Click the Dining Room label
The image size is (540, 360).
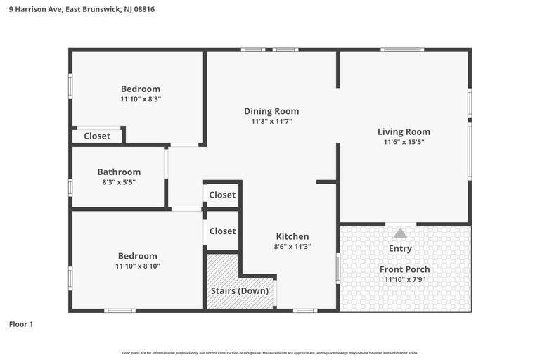(271, 111)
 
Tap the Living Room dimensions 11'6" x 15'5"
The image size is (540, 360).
(404, 142)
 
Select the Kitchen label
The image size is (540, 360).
(292, 236)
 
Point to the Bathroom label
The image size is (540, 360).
(119, 172)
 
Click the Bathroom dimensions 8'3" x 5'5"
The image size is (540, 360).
(119, 182)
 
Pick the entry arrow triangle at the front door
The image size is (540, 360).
(400, 233)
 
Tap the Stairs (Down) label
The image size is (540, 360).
(240, 291)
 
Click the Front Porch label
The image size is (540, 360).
(404, 269)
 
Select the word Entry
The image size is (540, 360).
(400, 248)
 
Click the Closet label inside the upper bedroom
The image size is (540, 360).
(97, 136)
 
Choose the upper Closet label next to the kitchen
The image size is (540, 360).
(222, 195)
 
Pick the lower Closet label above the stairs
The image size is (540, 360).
(222, 231)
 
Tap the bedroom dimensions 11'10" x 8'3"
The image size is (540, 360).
(141, 99)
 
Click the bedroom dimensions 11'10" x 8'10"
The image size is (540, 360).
(138, 266)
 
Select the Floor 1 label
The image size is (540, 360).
(20, 324)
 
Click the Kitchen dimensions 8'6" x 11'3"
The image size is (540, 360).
(292, 247)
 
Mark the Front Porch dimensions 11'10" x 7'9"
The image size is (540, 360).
(404, 280)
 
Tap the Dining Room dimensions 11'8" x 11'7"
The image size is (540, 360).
(271, 122)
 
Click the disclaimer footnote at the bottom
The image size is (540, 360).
(270, 353)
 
